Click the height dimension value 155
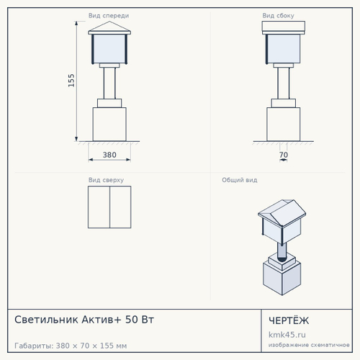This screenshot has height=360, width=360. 71,81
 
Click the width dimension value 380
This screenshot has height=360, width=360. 109,155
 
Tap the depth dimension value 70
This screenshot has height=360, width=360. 284,155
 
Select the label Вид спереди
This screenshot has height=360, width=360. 109,16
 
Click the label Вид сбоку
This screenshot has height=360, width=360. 278,16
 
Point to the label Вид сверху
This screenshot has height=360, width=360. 106,180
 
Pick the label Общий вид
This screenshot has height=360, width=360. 240,180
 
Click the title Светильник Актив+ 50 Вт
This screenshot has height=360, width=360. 84,320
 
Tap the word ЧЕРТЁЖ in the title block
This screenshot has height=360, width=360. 289,320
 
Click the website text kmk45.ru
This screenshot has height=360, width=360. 287,335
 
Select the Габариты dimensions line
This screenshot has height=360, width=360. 71,346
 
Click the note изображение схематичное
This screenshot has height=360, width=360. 309,345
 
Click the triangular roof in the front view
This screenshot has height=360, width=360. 109,27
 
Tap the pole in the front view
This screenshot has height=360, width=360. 109,83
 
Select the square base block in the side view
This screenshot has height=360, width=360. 284,125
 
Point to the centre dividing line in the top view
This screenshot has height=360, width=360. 109,207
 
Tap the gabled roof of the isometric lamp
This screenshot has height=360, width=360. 282,212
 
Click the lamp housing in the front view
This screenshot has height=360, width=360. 109,49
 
